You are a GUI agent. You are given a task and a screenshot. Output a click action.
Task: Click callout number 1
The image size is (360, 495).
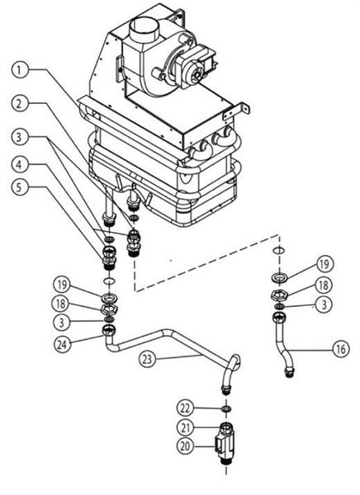click(x=20, y=69)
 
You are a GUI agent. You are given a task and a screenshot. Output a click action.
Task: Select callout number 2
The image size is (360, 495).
click(x=20, y=104)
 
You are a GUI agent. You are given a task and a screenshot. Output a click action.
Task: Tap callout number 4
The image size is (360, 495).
click(x=20, y=165)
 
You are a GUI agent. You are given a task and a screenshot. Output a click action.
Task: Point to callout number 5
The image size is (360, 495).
click(x=20, y=187)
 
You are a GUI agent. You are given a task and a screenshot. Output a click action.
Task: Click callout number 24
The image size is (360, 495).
click(x=62, y=344)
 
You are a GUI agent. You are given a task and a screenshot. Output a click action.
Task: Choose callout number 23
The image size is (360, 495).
click(x=148, y=360)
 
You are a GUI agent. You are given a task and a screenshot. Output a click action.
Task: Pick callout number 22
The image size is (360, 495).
click(x=185, y=408)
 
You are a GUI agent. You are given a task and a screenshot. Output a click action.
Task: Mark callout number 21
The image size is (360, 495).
click(x=185, y=427)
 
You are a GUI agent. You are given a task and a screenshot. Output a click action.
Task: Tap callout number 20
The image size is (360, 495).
click(x=185, y=446)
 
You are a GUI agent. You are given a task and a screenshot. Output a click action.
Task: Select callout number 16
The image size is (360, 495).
click(x=341, y=350)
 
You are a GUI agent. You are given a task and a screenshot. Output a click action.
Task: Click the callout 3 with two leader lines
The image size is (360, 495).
click(x=20, y=137)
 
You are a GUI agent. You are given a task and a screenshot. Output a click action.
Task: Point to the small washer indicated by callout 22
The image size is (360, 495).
click(x=226, y=409)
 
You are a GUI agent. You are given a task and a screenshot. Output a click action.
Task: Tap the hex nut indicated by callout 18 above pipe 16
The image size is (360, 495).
click(x=280, y=295)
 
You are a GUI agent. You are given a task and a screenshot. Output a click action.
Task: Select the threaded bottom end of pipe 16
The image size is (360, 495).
click(x=290, y=372)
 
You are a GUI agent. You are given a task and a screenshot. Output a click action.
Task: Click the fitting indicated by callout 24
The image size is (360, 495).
click(x=109, y=331)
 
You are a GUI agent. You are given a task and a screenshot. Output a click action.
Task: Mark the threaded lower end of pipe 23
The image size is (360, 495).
click(x=225, y=389)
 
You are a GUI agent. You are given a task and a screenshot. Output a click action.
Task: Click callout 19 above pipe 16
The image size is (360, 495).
click(x=323, y=265)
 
